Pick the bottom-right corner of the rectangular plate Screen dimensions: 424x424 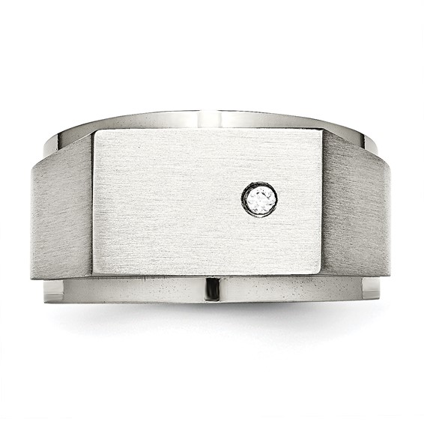click(x=329, y=273)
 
